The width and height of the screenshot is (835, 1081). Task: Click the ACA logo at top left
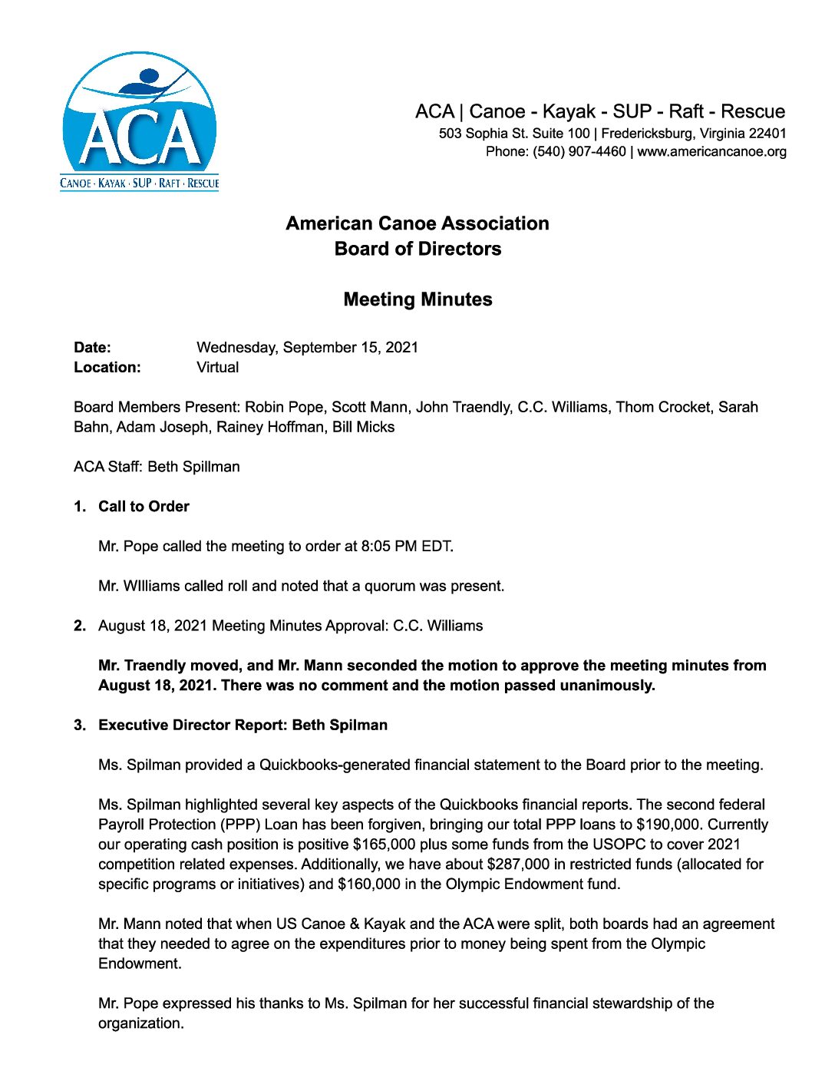pos(140,121)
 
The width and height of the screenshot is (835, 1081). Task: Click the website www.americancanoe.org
pos(711,151)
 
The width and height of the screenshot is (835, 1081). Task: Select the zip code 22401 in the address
pos(767,133)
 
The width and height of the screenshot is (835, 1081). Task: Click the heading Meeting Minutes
pos(417,299)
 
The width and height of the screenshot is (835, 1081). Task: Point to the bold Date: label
pos(92,347)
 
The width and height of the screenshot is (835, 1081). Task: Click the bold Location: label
pos(107,367)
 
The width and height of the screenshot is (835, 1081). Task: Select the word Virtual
pos(217,367)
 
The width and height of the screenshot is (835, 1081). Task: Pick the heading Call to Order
pos(144,507)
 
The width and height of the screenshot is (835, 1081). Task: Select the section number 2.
pos(80,626)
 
